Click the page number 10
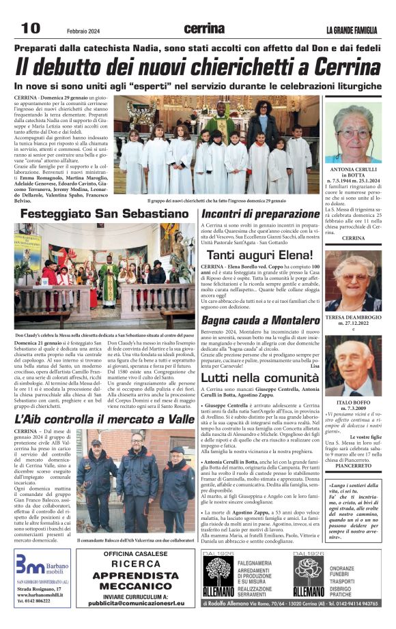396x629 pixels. click(x=31, y=28)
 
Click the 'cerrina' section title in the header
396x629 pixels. click(x=203, y=29)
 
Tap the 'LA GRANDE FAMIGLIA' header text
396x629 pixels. click(x=351, y=30)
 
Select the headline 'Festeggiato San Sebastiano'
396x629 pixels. click(x=103, y=214)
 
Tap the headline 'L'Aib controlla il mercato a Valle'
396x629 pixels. click(x=104, y=418)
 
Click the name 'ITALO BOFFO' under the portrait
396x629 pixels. click(x=353, y=404)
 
